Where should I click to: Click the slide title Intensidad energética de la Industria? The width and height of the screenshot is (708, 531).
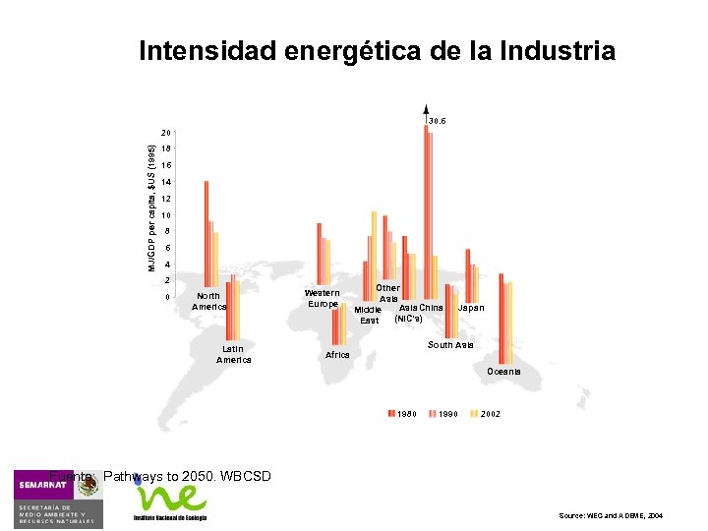pyautogui.click(x=378, y=50)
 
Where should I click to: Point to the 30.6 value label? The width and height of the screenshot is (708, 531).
pyautogui.click(x=437, y=121)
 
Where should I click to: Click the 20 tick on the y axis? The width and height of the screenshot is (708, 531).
pyautogui.click(x=166, y=132)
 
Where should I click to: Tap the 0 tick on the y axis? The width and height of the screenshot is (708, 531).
pyautogui.click(x=167, y=297)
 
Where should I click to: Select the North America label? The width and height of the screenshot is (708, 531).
pyautogui.click(x=208, y=301)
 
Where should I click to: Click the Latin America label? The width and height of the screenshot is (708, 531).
pyautogui.click(x=233, y=354)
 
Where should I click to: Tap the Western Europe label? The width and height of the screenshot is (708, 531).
pyautogui.click(x=323, y=298)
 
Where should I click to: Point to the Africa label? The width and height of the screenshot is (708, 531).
pyautogui.click(x=337, y=355)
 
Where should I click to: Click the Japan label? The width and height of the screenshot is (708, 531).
pyautogui.click(x=471, y=308)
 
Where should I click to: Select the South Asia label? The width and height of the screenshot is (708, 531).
pyautogui.click(x=450, y=345)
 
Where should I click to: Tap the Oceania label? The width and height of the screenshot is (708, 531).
pyautogui.click(x=502, y=372)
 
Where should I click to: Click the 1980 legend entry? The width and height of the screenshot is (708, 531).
pyautogui.click(x=402, y=414)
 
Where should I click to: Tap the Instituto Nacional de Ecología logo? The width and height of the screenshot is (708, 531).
pyautogui.click(x=170, y=502)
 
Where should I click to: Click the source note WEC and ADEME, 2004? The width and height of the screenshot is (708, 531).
pyautogui.click(x=610, y=515)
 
